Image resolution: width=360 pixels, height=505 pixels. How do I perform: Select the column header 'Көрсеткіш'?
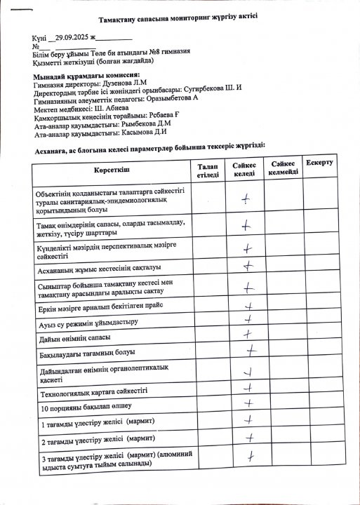pos(111,170)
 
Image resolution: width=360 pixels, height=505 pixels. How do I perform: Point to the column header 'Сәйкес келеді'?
pos(244,169)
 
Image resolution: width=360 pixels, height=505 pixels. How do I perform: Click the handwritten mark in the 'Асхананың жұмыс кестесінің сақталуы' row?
pos(247,267)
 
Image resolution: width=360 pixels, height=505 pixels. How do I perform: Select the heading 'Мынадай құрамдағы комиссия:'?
pos(86,75)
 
